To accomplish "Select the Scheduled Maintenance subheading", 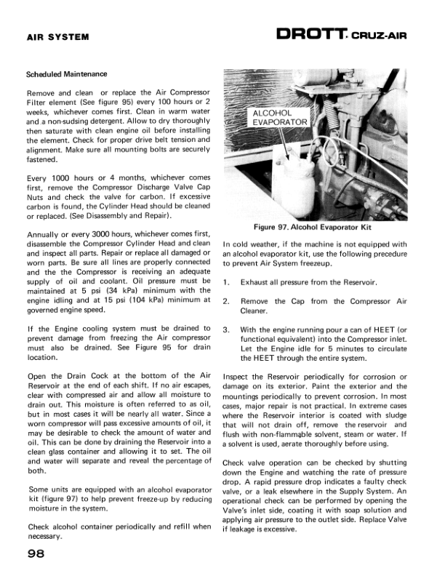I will (x=66, y=74).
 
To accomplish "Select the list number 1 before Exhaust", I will (x=228, y=282).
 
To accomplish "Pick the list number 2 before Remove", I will (x=228, y=301).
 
